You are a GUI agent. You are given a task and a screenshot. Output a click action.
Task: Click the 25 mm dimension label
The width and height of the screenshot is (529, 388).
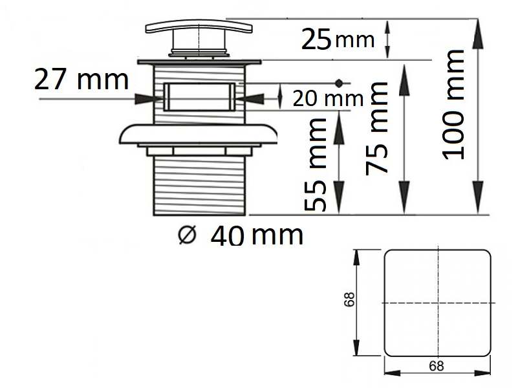point(338,39)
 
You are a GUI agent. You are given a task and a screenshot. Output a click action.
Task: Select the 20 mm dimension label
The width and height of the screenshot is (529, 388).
point(328,98)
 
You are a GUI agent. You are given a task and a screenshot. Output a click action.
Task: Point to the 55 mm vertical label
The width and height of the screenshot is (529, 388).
point(316,165)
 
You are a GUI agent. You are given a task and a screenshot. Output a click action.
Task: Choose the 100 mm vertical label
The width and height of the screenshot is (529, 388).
point(453,104)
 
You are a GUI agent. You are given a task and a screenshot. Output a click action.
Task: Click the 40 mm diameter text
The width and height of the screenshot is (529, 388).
point(257,235)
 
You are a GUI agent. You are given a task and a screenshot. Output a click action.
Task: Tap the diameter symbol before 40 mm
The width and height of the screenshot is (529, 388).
point(187,235)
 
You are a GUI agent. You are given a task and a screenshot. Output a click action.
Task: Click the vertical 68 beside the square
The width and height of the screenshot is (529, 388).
point(349,299)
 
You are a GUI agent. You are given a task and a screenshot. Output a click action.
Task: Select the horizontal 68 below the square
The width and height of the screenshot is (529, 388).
point(437,366)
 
